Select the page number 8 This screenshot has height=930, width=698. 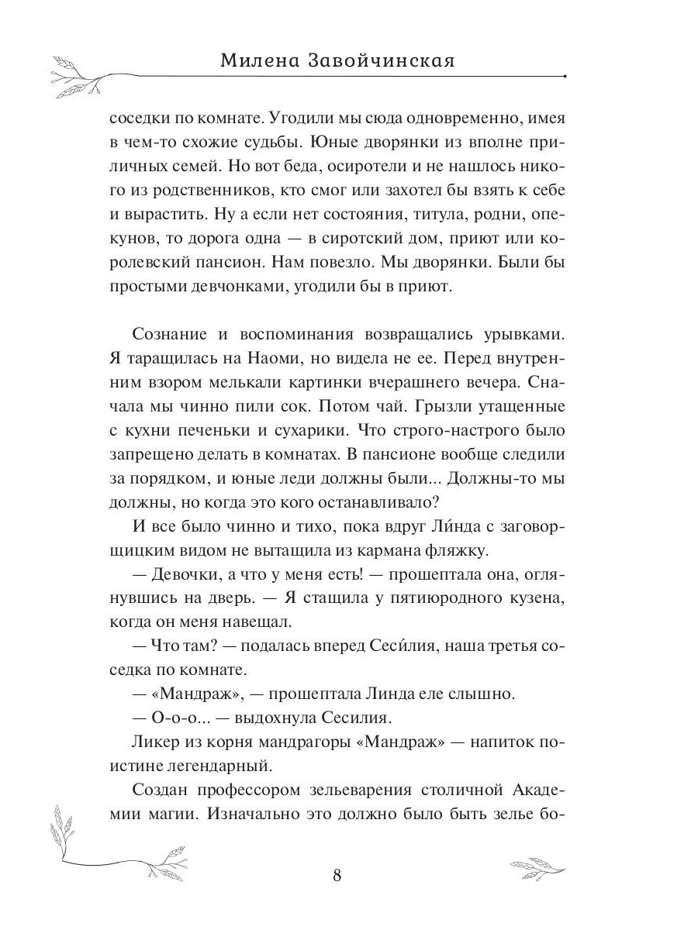click(337, 876)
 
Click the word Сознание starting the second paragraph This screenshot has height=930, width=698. click(169, 334)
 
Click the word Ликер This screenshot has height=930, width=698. click(155, 742)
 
